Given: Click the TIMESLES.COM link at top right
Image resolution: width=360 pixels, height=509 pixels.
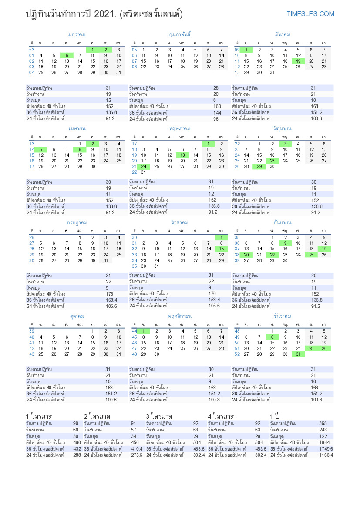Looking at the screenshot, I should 310,14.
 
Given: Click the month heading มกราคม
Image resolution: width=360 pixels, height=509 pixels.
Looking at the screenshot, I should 77,34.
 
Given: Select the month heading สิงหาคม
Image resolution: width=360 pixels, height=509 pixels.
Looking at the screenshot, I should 180,222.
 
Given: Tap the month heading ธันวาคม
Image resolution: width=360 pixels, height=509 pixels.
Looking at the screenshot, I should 283,316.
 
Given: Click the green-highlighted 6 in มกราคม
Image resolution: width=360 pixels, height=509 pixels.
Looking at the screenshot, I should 67,55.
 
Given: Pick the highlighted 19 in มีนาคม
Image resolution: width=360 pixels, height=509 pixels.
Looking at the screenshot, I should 298,61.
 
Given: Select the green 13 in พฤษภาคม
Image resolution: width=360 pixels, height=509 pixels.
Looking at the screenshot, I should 183,155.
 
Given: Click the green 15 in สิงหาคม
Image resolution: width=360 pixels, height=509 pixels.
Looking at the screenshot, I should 221,249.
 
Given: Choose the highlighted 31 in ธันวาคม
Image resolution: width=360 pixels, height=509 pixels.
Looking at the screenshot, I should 298,354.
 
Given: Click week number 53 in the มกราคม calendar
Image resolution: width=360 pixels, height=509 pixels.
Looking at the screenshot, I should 32,50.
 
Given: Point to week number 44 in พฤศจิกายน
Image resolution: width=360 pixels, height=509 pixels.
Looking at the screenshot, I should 135,331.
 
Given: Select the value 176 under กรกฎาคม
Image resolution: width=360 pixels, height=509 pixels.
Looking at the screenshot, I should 109,293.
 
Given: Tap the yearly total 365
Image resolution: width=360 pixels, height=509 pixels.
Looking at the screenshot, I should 323,423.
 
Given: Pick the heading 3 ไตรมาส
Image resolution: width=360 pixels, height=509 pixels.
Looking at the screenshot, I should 159,416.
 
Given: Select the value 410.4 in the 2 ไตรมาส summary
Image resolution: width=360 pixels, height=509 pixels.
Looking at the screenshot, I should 136,449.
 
